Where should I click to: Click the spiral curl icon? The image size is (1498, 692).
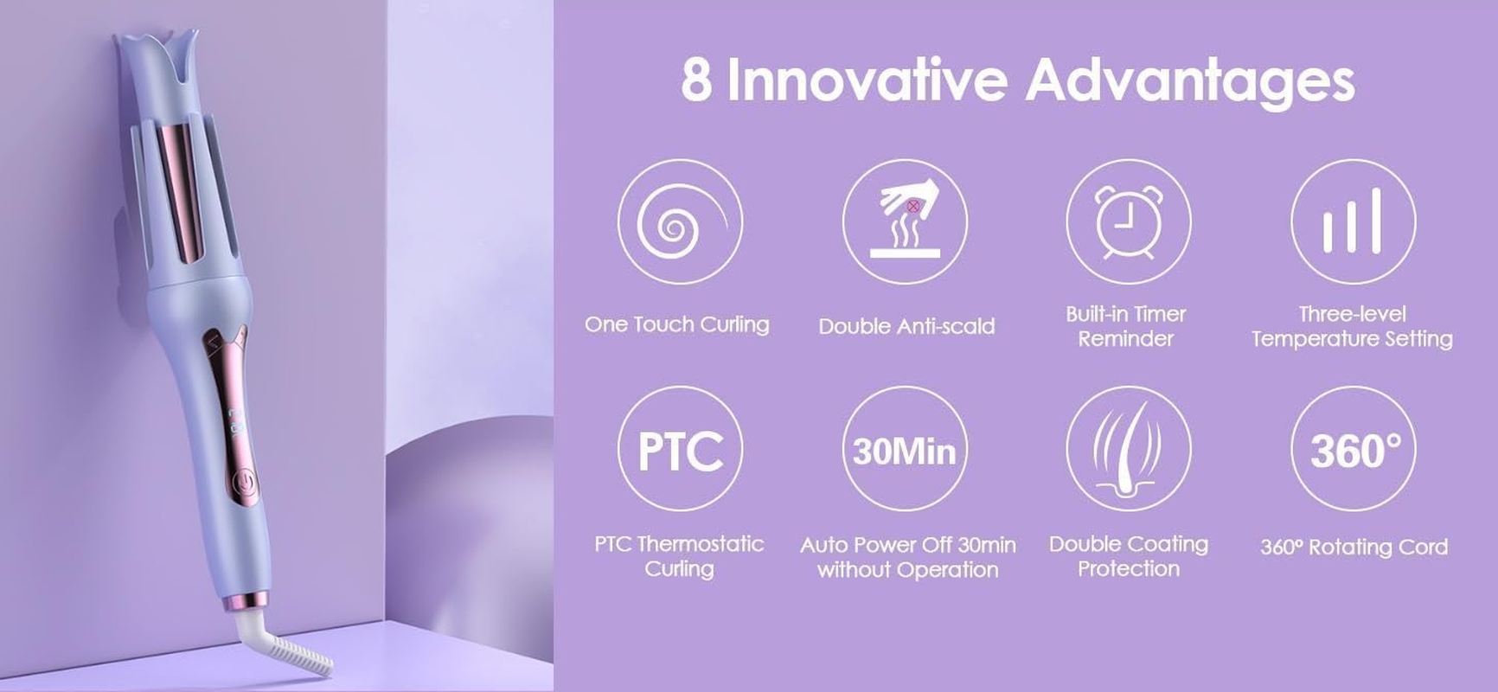pos(679,222)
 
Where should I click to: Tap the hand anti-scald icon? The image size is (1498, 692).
pos(905,222)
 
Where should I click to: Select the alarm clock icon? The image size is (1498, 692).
pos(1128,222)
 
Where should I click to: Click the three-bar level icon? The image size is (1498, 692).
pos(1353,222)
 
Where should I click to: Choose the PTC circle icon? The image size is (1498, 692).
pos(680,449)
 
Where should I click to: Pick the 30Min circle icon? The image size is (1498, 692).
pos(905,449)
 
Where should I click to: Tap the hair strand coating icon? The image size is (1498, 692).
pos(1128,449)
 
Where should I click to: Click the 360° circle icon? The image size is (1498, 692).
pos(1353,449)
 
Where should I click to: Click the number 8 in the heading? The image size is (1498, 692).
pos(696,80)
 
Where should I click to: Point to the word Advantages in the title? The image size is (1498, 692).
pos(1189,80)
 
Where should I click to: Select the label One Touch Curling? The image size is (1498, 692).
pos(676,324)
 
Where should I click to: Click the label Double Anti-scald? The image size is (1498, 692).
pos(906,326)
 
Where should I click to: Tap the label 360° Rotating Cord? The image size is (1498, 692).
pos(1354,547)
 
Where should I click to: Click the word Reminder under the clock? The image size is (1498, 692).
pos(1125,338)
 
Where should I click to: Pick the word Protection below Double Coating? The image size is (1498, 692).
pos(1128,568)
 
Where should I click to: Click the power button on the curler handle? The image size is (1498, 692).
pos(246,481)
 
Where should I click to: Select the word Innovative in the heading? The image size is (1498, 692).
pos(867,80)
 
